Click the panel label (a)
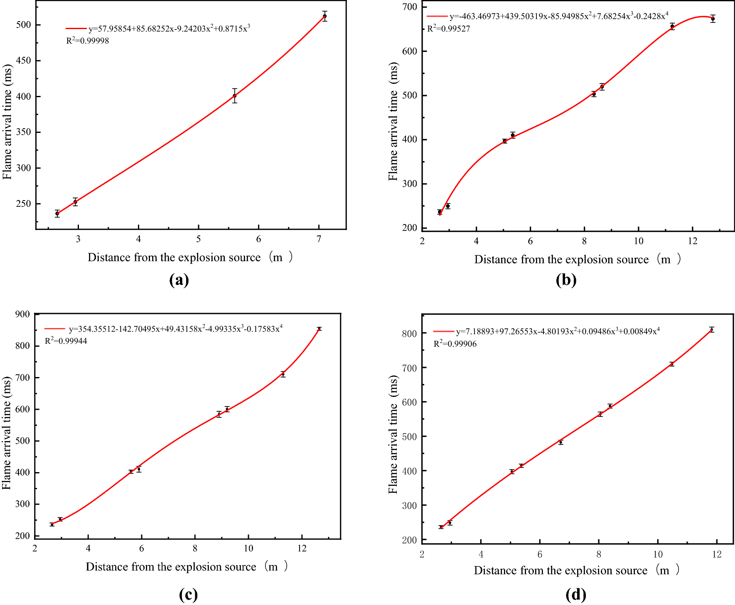(x=179, y=280)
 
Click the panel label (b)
(x=566, y=280)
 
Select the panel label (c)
(x=188, y=595)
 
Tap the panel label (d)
(x=576, y=595)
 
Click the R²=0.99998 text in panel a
(x=88, y=41)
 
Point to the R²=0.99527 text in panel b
(x=449, y=29)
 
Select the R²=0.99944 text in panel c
(x=66, y=341)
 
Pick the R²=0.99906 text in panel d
(x=455, y=343)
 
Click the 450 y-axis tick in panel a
(x=24, y=61)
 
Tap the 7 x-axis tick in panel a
(x=319, y=239)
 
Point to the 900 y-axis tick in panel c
(x=22, y=314)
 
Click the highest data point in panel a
(x=324, y=16)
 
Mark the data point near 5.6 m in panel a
(x=235, y=96)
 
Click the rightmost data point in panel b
(x=713, y=19)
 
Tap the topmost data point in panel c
(x=319, y=329)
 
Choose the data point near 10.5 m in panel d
(x=671, y=364)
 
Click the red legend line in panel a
(x=76, y=29)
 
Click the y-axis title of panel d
(x=393, y=434)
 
